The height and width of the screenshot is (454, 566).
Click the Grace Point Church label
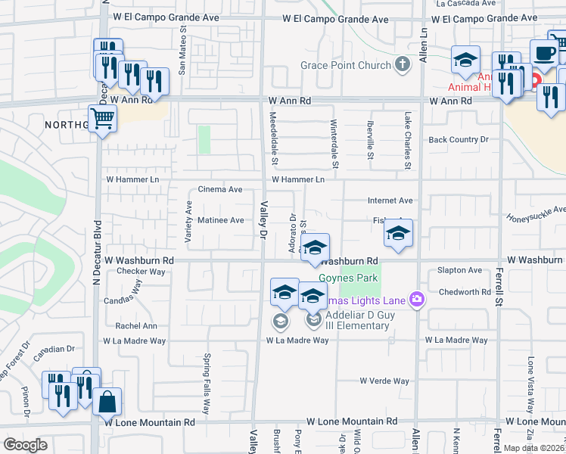click(x=346, y=66)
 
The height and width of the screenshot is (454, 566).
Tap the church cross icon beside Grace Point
click(x=403, y=65)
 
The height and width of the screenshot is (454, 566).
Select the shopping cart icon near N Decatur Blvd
click(x=102, y=117)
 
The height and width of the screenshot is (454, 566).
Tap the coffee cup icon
click(x=544, y=52)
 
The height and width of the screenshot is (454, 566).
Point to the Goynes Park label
click(x=347, y=278)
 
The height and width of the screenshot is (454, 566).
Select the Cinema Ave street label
click(x=219, y=189)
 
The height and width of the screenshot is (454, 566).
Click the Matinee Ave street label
click(x=220, y=220)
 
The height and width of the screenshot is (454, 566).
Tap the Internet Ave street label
click(x=390, y=201)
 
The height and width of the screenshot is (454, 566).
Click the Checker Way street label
click(x=141, y=271)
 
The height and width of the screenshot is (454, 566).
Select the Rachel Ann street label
click(x=136, y=326)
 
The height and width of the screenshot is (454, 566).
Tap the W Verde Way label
click(x=384, y=381)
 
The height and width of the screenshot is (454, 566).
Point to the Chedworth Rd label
click(x=465, y=292)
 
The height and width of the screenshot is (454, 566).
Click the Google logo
click(x=25, y=445)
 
